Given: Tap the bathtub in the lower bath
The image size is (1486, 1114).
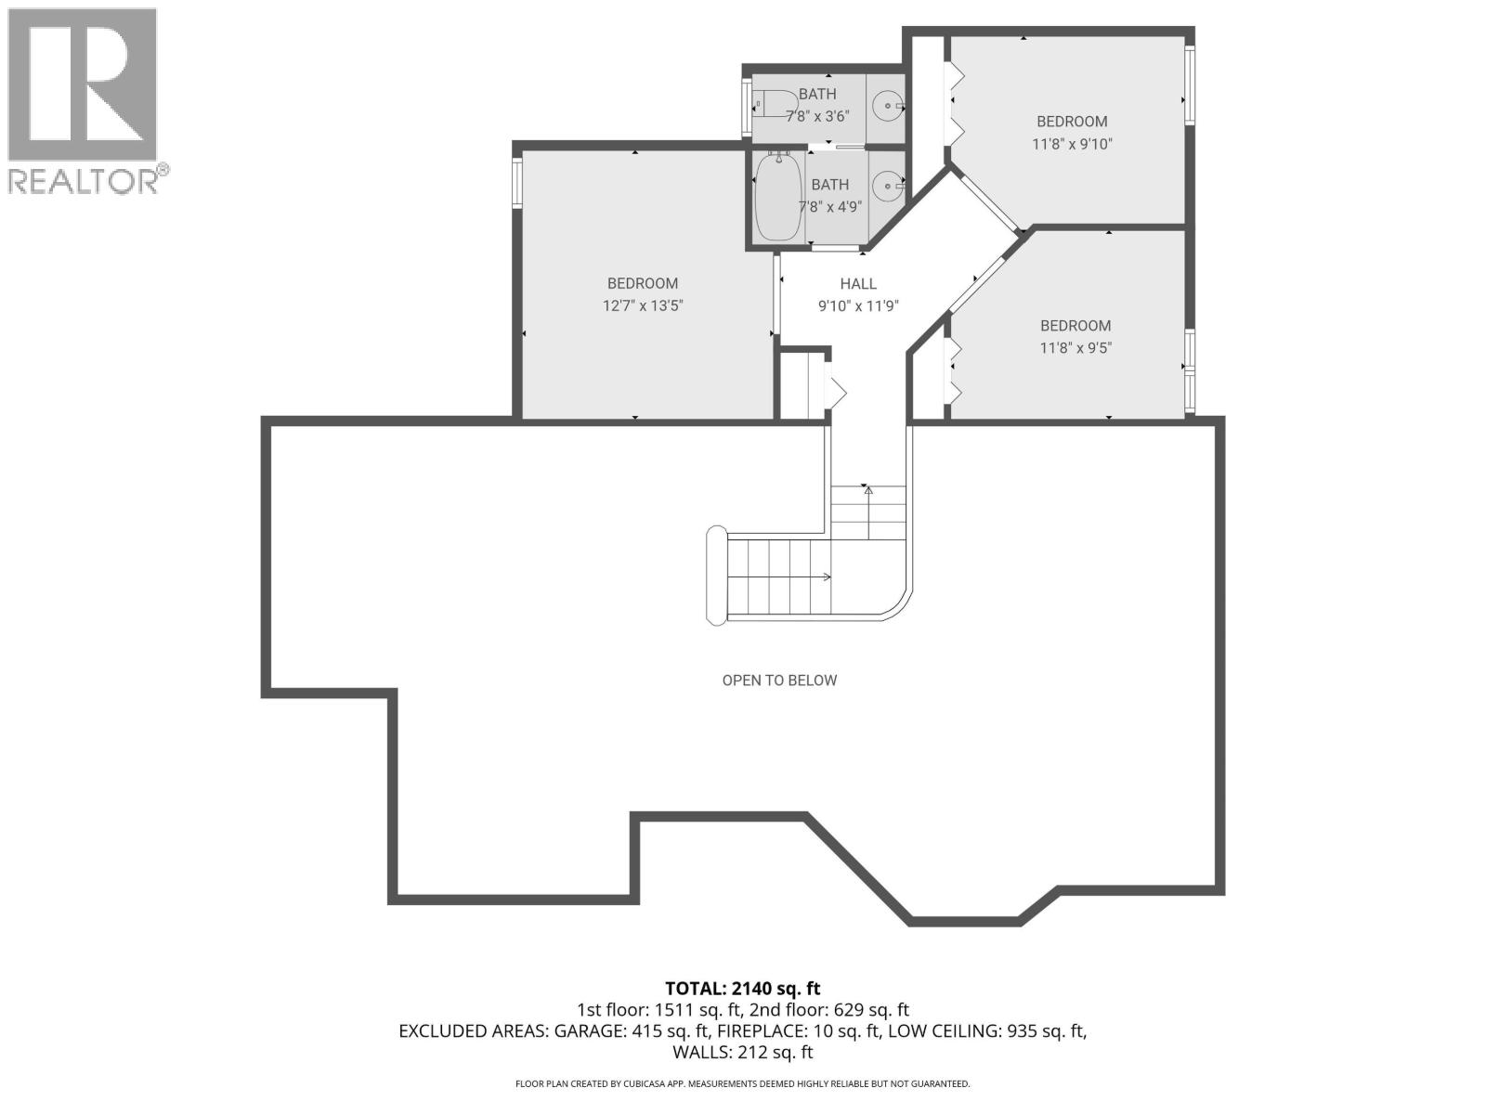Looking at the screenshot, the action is click(779, 197).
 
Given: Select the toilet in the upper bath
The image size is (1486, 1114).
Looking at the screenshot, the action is click(776, 106).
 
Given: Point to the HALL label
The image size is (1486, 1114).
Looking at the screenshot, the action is click(858, 284).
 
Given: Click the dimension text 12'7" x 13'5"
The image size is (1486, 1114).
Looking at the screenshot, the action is click(643, 305).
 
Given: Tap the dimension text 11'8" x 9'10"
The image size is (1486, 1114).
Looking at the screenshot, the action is click(1072, 144).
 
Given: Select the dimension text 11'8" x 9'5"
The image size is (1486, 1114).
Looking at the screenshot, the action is click(1075, 348).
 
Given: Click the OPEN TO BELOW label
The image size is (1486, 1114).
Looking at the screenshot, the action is click(779, 680).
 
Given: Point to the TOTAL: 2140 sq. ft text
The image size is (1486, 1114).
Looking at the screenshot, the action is click(742, 989).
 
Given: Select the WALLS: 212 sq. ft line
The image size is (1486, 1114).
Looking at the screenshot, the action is click(742, 1052).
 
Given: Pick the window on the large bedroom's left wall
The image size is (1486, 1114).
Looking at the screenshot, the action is click(516, 181).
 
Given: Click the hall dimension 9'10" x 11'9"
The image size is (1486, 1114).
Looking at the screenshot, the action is click(858, 306).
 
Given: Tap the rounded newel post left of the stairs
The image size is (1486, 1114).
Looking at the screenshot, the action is click(715, 576).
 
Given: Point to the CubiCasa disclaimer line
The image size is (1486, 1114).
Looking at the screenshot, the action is click(742, 1084).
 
